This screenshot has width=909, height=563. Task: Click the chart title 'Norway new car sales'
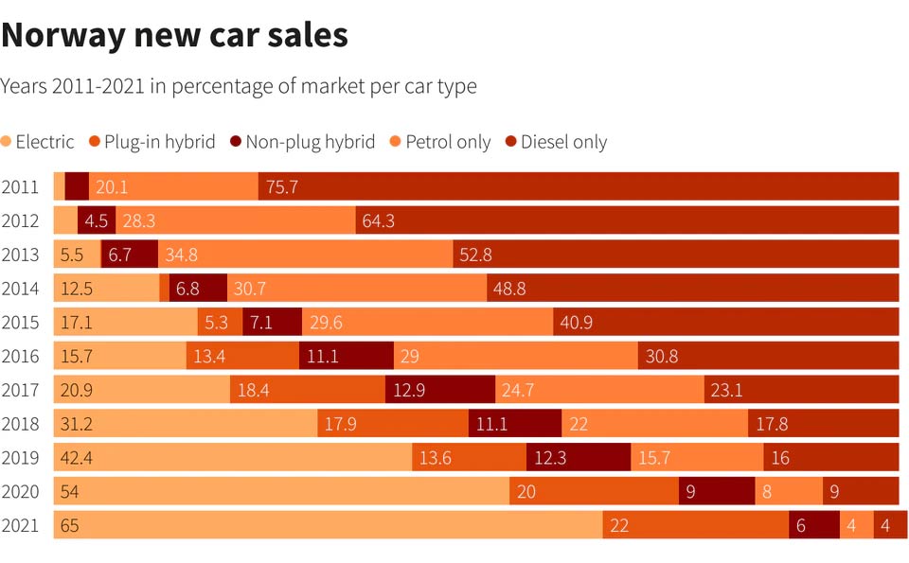(x=174, y=35)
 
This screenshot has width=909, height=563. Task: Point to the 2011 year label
(x=20, y=186)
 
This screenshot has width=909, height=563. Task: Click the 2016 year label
(x=20, y=356)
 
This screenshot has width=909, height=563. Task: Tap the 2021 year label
(x=20, y=525)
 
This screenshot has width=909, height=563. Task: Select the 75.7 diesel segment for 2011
(x=578, y=186)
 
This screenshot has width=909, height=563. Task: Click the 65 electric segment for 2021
(x=328, y=525)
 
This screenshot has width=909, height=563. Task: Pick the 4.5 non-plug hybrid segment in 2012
(x=97, y=220)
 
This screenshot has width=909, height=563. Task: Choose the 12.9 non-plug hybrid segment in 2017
(x=439, y=390)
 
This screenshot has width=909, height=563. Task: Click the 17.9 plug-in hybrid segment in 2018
(x=393, y=424)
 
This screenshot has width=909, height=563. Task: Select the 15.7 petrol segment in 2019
(x=697, y=457)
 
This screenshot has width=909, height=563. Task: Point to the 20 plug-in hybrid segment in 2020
(x=594, y=491)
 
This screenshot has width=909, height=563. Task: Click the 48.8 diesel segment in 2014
(x=692, y=288)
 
